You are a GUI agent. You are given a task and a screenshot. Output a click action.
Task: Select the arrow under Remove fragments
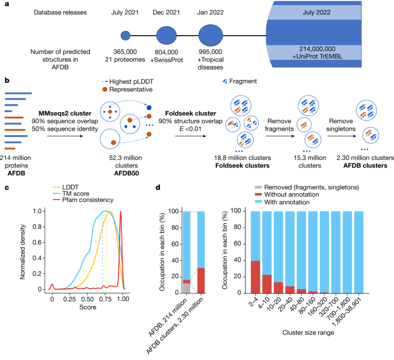pos(278,130)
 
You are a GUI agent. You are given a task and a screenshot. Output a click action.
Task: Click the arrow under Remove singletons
pos(334,130)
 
